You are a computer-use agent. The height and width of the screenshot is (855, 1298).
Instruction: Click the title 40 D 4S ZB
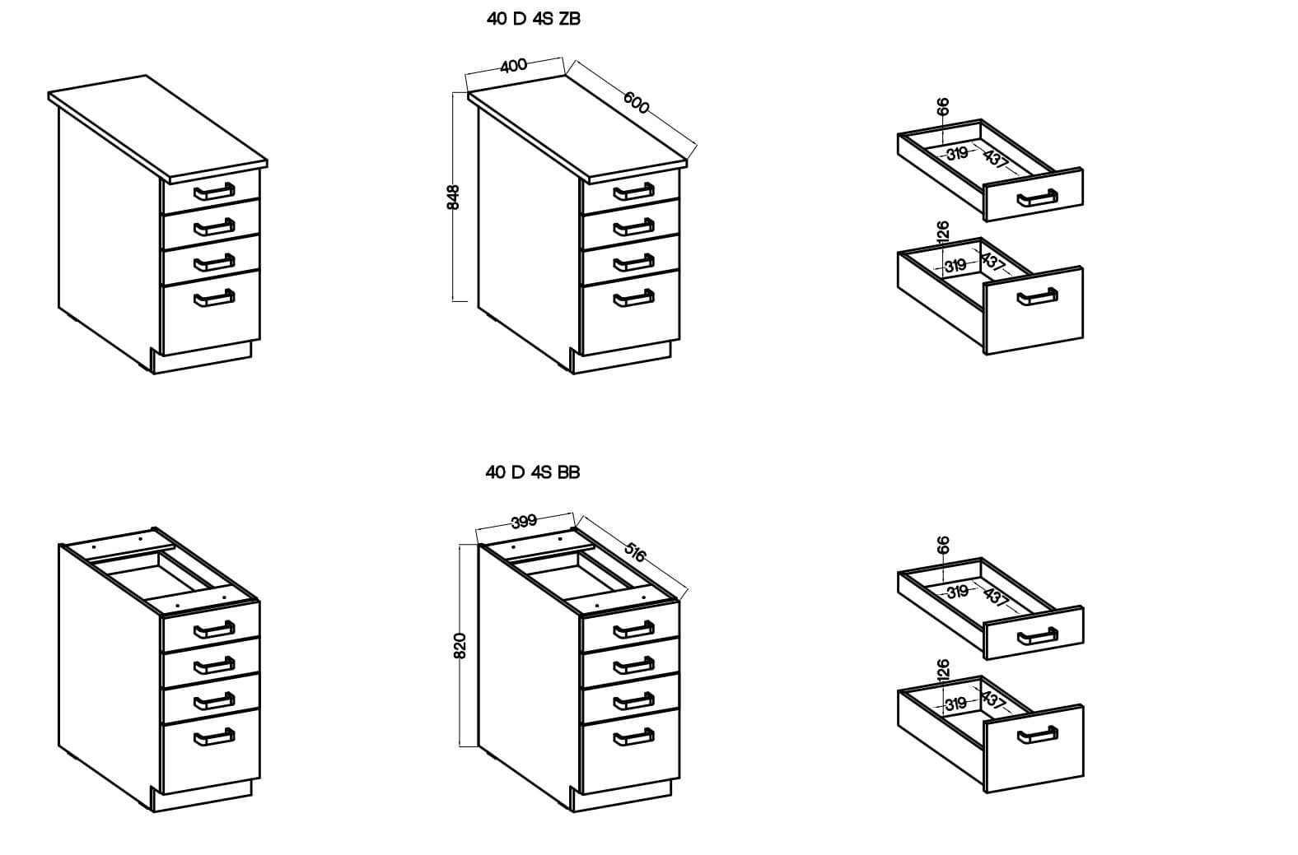point(533,19)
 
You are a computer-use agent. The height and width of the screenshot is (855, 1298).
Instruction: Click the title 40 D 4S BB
point(533,472)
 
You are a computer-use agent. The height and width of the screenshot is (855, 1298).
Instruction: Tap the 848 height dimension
point(454,197)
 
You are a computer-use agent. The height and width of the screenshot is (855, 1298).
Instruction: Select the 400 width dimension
point(513,65)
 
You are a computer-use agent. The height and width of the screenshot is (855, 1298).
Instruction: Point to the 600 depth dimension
point(637,103)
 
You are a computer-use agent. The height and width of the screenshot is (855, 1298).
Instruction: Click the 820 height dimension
point(460,645)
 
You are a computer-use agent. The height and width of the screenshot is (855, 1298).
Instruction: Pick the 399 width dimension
point(524,522)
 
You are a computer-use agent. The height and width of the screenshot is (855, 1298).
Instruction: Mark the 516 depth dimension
point(634,551)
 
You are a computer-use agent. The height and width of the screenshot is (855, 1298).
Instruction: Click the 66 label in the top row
point(943,106)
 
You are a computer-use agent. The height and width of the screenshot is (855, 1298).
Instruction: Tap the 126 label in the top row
point(943,231)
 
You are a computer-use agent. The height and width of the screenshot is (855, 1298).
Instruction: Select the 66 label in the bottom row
point(943,545)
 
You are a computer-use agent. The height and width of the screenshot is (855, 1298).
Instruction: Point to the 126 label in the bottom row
point(943,669)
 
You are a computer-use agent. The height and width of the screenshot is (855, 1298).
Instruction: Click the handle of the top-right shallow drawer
point(1037,198)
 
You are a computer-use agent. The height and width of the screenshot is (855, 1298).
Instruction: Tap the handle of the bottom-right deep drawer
point(1037,735)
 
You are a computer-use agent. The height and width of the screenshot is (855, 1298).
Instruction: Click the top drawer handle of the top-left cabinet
point(214,192)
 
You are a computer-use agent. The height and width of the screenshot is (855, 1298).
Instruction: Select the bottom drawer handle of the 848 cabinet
point(633,298)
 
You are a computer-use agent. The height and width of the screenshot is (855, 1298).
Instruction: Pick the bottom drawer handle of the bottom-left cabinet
point(214,737)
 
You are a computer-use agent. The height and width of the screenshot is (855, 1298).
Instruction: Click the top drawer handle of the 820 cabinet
point(633,630)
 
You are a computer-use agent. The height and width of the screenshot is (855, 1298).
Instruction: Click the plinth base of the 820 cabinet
point(622,798)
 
